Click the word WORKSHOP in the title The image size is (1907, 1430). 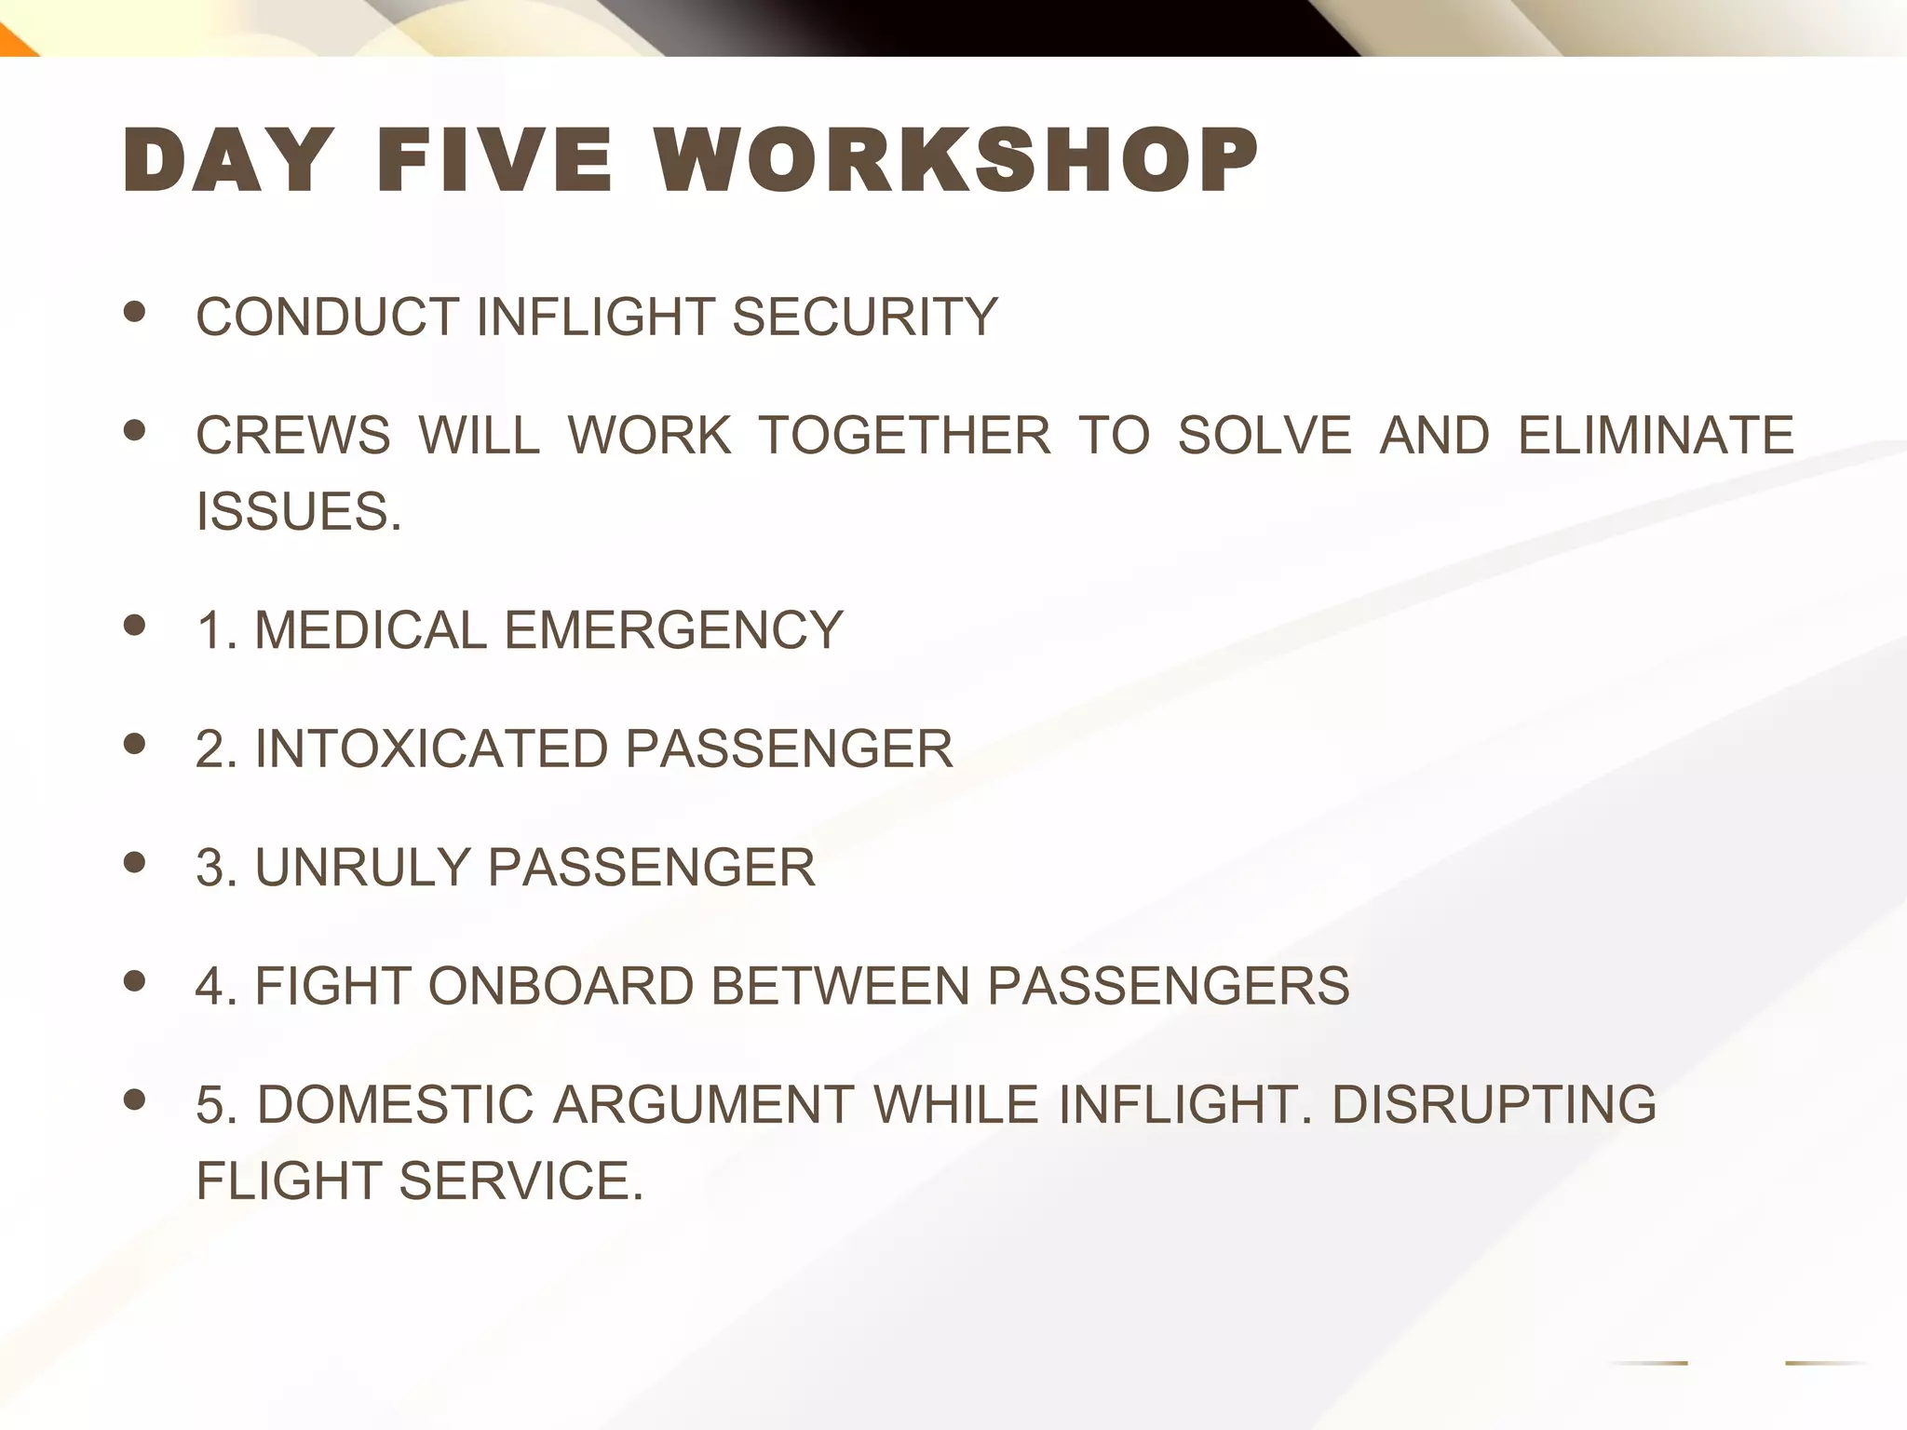click(954, 160)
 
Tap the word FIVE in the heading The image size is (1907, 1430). click(494, 160)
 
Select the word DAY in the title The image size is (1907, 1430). click(228, 160)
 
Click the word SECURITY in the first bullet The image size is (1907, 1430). click(865, 317)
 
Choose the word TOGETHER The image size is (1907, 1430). click(904, 435)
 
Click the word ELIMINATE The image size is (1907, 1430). click(1656, 435)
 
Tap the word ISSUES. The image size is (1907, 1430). click(298, 511)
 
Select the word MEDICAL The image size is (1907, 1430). click(371, 629)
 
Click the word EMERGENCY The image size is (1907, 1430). click(673, 629)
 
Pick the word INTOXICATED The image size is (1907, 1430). click(431, 749)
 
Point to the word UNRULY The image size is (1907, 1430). click(362, 867)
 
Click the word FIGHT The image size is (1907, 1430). click(332, 986)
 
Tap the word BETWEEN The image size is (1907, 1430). click(841, 986)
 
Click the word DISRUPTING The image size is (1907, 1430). click(1494, 1104)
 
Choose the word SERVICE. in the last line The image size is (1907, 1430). click(521, 1180)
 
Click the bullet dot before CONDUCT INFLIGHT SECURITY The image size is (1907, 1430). click(135, 312)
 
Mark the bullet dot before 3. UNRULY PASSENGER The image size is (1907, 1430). click(135, 862)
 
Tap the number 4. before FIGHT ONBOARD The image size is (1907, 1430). click(216, 986)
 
